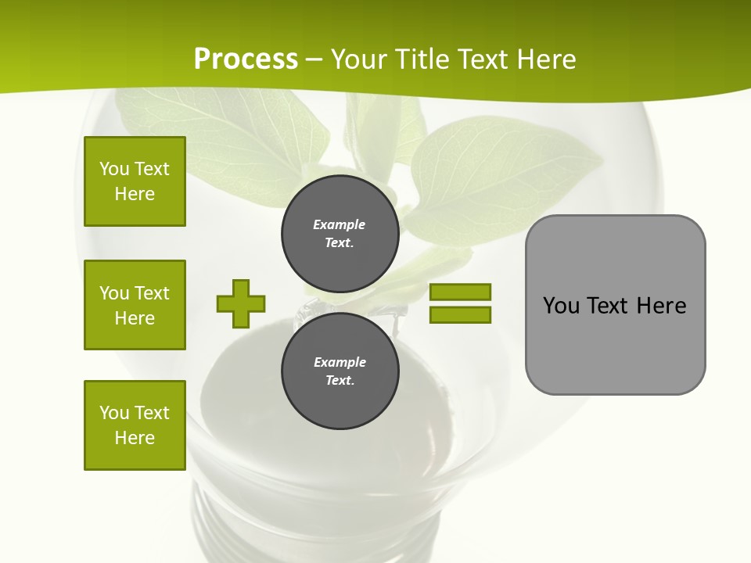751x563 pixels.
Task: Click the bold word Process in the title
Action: coord(246,59)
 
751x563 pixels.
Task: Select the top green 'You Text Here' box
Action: coord(135,181)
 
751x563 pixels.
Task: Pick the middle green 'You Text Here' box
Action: coord(135,305)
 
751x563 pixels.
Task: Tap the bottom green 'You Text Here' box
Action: coord(135,425)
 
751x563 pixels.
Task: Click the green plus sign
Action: coord(241,303)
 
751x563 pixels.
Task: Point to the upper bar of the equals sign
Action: coord(460,292)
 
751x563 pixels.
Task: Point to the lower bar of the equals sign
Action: coord(460,314)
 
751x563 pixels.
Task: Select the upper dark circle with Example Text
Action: coord(340,233)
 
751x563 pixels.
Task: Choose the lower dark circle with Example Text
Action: coord(340,371)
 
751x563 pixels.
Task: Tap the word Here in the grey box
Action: coord(661,306)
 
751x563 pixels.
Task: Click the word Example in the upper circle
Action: coord(340,224)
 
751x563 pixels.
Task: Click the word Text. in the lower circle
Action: coord(340,381)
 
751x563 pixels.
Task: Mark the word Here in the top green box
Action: coord(135,194)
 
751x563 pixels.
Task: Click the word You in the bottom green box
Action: coord(114,413)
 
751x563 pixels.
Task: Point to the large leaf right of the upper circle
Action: coord(501,172)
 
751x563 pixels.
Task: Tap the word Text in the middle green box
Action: coord(151,293)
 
